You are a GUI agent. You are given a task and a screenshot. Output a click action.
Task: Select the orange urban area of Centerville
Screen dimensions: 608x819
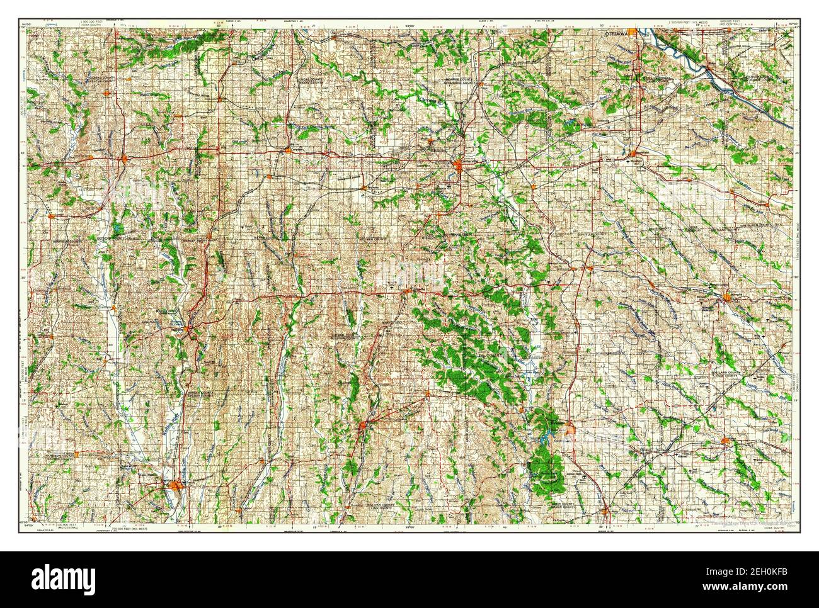click(x=461, y=166)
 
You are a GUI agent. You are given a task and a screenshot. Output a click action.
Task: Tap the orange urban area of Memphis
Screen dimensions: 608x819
click(x=729, y=296)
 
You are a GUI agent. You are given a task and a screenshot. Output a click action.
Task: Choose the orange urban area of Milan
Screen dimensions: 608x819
click(x=364, y=429)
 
